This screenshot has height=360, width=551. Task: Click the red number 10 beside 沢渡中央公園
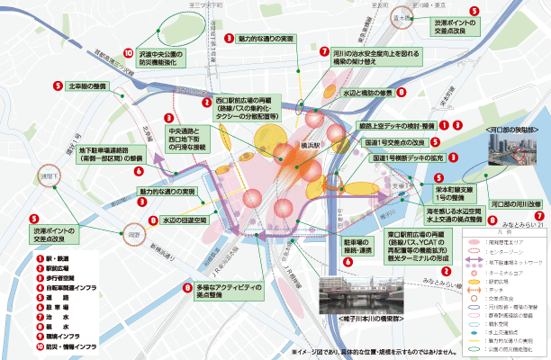pos(129,53)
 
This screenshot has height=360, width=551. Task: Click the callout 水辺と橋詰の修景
pos(369,92)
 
